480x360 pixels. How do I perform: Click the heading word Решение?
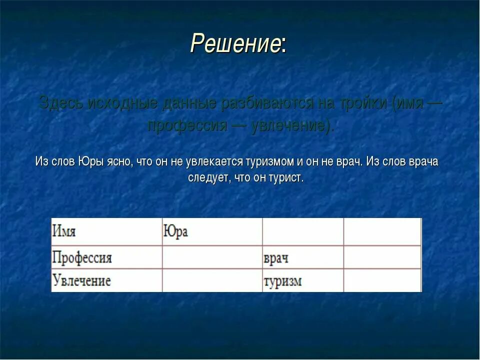click(x=235, y=44)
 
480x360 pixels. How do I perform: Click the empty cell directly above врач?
click(x=302, y=232)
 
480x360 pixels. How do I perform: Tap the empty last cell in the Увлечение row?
click(x=382, y=281)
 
